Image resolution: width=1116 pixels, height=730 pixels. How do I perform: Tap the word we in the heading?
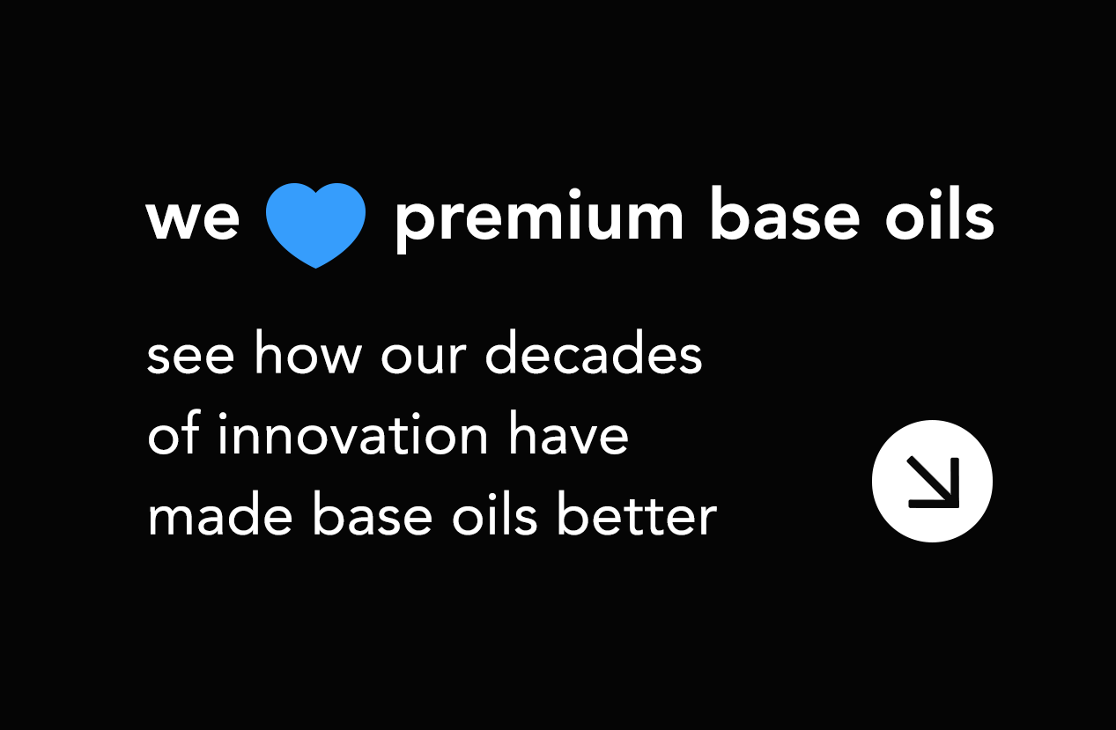pyautogui.click(x=193, y=220)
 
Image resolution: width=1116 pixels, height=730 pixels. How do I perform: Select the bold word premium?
pyautogui.click(x=538, y=220)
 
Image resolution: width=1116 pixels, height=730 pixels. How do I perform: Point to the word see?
pyautogui.click(x=191, y=357)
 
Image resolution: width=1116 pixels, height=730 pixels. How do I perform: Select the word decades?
pyautogui.click(x=594, y=355)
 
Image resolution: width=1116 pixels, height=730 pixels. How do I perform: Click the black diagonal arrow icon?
pyautogui.click(x=933, y=482)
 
